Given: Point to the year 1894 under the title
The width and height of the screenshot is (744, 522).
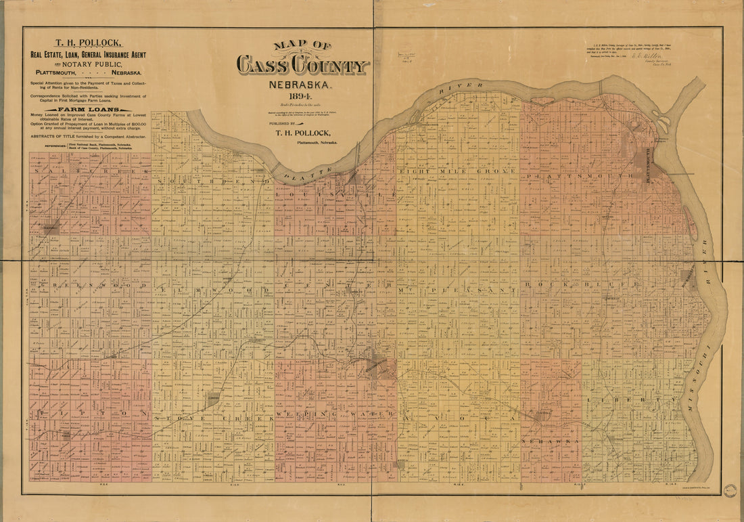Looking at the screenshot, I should point(300,97).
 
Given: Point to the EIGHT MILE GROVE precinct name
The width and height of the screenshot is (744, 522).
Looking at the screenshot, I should point(458,171).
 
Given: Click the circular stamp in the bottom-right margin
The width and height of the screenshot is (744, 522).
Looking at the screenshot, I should point(729,490).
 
